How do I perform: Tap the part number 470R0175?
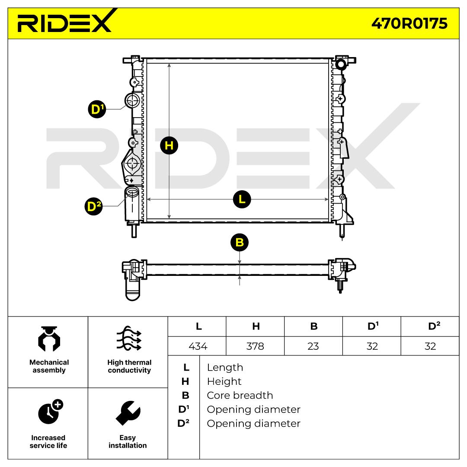click(x=409, y=23)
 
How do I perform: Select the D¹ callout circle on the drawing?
click(x=97, y=109)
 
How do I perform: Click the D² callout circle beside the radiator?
click(x=93, y=206)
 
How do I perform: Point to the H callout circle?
click(x=169, y=146)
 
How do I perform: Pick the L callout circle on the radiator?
click(x=242, y=199)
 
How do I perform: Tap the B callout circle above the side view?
click(x=240, y=243)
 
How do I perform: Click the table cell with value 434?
click(x=198, y=346)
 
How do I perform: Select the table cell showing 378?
click(x=255, y=346)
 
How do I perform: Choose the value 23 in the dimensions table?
click(x=313, y=346)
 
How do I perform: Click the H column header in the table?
click(x=256, y=326)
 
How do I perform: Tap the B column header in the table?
click(x=313, y=326)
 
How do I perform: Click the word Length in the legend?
click(x=225, y=368)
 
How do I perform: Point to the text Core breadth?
click(x=240, y=395)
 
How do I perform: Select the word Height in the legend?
click(x=224, y=381)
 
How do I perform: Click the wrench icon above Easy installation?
click(x=128, y=413)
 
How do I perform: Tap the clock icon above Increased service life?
click(x=50, y=412)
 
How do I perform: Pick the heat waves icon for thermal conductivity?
click(x=129, y=338)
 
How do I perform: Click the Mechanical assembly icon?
click(x=49, y=339)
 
